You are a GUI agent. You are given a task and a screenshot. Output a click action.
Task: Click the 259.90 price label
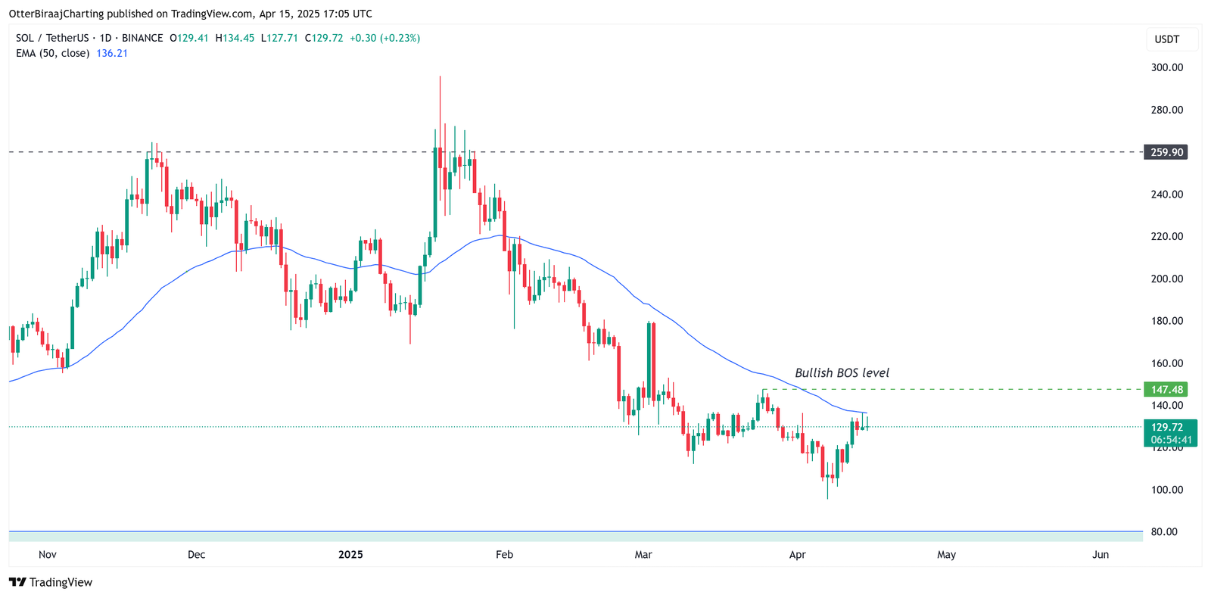coord(1166,152)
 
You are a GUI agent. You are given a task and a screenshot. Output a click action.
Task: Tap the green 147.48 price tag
coord(1166,390)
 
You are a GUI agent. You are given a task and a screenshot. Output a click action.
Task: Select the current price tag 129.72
coord(1166,428)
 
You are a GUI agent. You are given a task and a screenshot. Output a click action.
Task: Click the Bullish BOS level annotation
coord(842,373)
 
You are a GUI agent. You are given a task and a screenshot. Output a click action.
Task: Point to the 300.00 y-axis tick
coord(1166,67)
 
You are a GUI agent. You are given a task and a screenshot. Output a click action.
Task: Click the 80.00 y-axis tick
coord(1164,532)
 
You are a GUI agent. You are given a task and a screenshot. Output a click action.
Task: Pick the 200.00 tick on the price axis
coord(1166,279)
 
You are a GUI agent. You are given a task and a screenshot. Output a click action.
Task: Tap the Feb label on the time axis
coord(504,555)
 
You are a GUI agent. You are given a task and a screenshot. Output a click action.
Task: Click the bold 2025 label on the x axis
coord(350,555)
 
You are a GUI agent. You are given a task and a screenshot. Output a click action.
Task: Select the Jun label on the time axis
coord(1100,555)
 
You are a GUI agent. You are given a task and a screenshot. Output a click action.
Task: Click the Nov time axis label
coord(48,555)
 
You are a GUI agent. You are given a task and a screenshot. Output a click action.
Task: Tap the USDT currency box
coord(1166,39)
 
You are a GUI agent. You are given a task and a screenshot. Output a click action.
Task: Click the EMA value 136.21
coord(112,53)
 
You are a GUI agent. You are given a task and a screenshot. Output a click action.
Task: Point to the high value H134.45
coord(235,38)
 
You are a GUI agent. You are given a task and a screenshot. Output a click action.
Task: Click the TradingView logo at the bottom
coord(51,582)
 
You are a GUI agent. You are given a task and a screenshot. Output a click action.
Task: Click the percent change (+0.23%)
coord(400,38)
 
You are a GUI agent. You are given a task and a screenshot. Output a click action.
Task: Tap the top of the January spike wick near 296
coord(440,77)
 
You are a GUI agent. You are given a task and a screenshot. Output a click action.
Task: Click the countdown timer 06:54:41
coord(1171,440)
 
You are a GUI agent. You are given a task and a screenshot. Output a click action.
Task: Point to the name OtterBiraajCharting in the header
coord(56,14)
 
